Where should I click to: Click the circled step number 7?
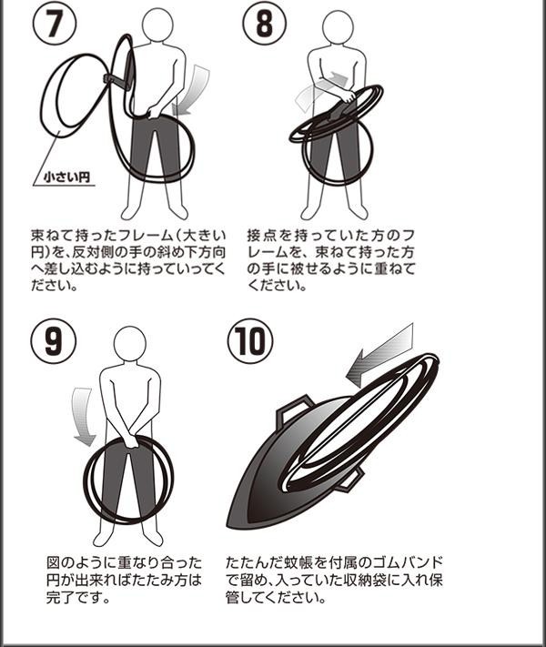(55, 24)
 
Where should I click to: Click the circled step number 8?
(265, 24)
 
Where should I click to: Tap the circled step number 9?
(54, 341)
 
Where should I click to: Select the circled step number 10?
(250, 341)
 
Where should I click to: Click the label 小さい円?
(66, 177)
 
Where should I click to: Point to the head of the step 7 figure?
(157, 24)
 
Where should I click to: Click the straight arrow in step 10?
(380, 355)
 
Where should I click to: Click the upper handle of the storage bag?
(294, 409)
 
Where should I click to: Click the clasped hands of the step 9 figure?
(130, 440)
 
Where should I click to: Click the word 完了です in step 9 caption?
(78, 597)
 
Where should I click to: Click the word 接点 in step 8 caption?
(262, 235)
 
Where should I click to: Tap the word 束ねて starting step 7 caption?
(54, 235)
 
